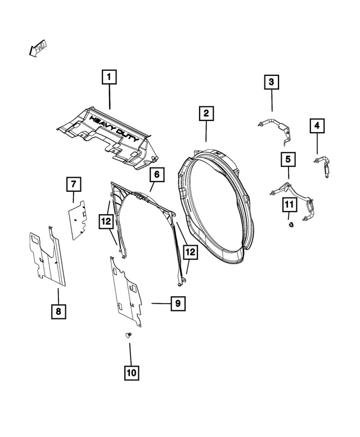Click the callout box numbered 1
(x=109, y=76)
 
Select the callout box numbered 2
(x=206, y=114)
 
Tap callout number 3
(x=272, y=83)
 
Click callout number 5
(x=288, y=160)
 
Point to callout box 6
(x=156, y=175)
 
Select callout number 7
(x=73, y=184)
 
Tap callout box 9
(x=177, y=304)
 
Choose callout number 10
(x=130, y=372)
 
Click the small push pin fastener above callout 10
(x=129, y=335)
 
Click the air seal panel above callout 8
(x=48, y=256)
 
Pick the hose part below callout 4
(x=325, y=166)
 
